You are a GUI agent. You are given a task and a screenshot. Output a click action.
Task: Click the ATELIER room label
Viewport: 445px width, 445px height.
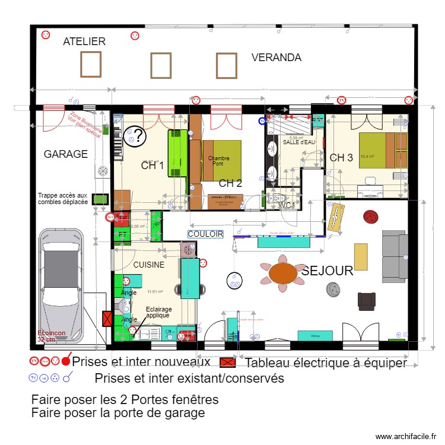click(84, 42)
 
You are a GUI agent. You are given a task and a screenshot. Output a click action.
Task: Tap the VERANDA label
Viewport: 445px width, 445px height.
click(276, 58)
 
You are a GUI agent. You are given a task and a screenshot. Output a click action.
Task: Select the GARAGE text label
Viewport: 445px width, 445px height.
click(65, 154)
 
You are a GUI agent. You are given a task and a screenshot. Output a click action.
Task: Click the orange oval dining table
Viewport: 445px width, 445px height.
click(283, 274)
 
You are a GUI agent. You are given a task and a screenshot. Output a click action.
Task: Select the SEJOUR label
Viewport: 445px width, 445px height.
click(328, 271)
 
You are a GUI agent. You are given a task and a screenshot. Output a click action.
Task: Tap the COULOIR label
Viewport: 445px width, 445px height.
click(205, 234)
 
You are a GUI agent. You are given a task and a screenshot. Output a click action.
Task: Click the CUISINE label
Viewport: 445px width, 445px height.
click(148, 265)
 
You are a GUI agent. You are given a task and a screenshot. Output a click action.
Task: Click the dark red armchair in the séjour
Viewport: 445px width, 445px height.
click(366, 301)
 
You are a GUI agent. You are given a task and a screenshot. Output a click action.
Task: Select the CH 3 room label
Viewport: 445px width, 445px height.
click(341, 158)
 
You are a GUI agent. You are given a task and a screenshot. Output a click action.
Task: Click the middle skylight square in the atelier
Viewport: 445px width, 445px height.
click(161, 65)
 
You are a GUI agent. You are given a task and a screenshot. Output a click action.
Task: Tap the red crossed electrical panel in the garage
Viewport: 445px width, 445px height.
click(107, 320)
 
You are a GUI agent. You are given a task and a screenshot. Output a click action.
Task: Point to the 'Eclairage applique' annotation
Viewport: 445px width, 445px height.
click(158, 313)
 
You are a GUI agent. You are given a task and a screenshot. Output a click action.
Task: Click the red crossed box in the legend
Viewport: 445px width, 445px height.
click(228, 362)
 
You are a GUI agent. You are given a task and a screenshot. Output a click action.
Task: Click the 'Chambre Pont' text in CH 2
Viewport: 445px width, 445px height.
click(218, 161)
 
